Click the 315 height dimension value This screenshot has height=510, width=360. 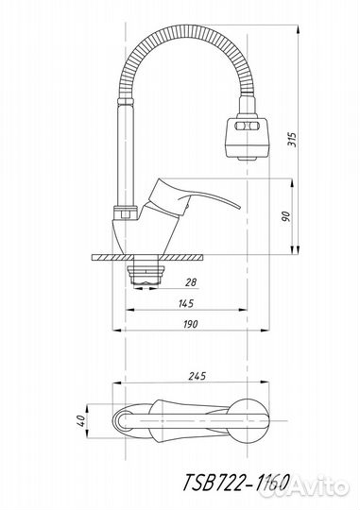[x=293, y=140]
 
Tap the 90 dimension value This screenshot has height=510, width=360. [x=285, y=216]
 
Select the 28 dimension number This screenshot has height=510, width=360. [x=191, y=281]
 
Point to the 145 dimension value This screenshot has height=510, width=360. [x=186, y=303]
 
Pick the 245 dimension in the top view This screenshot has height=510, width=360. [x=197, y=376]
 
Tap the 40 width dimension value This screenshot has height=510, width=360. [x=81, y=421]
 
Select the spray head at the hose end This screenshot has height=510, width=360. [x=247, y=138]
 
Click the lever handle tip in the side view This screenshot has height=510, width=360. [x=240, y=207]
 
